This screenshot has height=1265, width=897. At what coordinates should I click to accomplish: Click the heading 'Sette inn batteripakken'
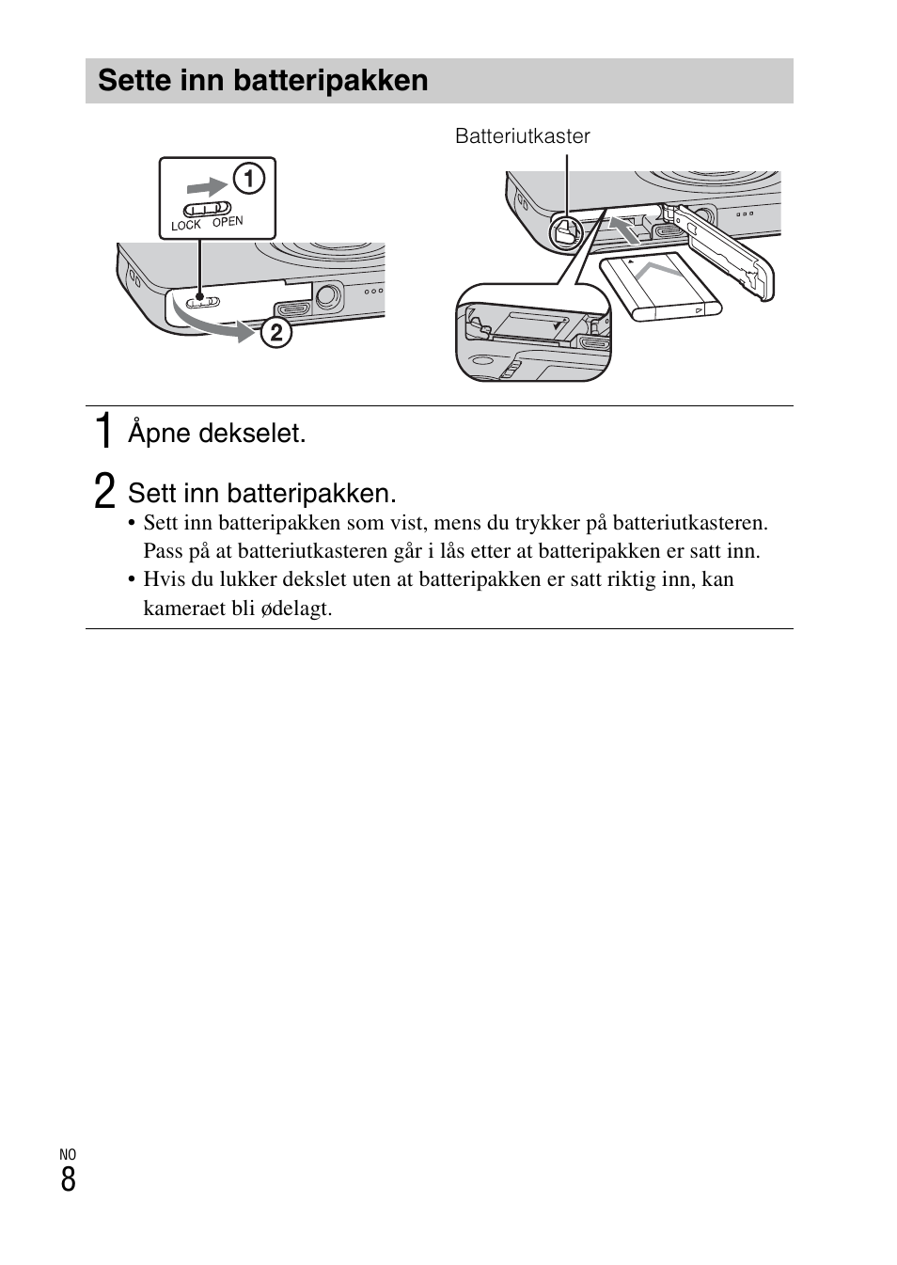263,81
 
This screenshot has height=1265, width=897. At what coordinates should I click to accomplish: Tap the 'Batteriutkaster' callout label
522,136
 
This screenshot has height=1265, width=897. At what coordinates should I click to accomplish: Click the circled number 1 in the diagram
248,178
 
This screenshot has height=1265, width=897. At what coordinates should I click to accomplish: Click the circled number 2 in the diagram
276,333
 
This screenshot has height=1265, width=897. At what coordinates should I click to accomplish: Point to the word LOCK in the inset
186,226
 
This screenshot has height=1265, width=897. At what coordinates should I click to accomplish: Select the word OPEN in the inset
228,222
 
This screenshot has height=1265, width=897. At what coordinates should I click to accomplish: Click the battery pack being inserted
661,287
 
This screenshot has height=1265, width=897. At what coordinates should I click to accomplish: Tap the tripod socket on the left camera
326,297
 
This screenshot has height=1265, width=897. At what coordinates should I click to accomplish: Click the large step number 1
105,432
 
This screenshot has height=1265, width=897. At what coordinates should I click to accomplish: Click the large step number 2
105,492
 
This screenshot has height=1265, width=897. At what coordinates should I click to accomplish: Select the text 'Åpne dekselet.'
217,434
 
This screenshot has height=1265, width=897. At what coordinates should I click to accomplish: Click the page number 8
68,1179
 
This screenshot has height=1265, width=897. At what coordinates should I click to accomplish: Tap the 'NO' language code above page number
68,1154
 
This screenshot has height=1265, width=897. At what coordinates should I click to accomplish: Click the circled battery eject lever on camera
564,231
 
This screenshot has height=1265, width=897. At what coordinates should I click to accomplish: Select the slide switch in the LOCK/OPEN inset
207,208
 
